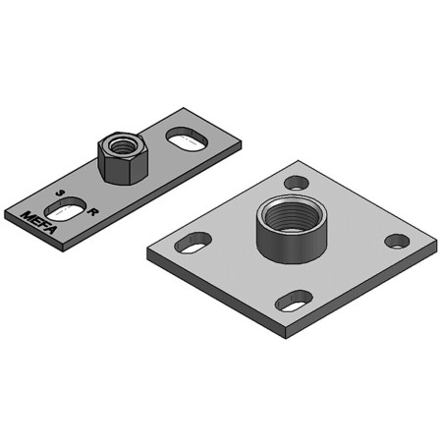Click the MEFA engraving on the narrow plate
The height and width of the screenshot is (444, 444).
38,223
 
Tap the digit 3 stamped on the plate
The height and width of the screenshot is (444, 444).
59,193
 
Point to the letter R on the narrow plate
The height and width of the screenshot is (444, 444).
93,212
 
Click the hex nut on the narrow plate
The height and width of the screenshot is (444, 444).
123,158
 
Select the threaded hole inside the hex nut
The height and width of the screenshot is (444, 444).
124,145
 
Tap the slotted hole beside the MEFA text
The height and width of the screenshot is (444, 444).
65,208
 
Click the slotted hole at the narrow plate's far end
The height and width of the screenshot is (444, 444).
188,139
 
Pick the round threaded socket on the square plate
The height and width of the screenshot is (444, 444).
292,229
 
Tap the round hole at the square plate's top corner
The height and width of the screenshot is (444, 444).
297,183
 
